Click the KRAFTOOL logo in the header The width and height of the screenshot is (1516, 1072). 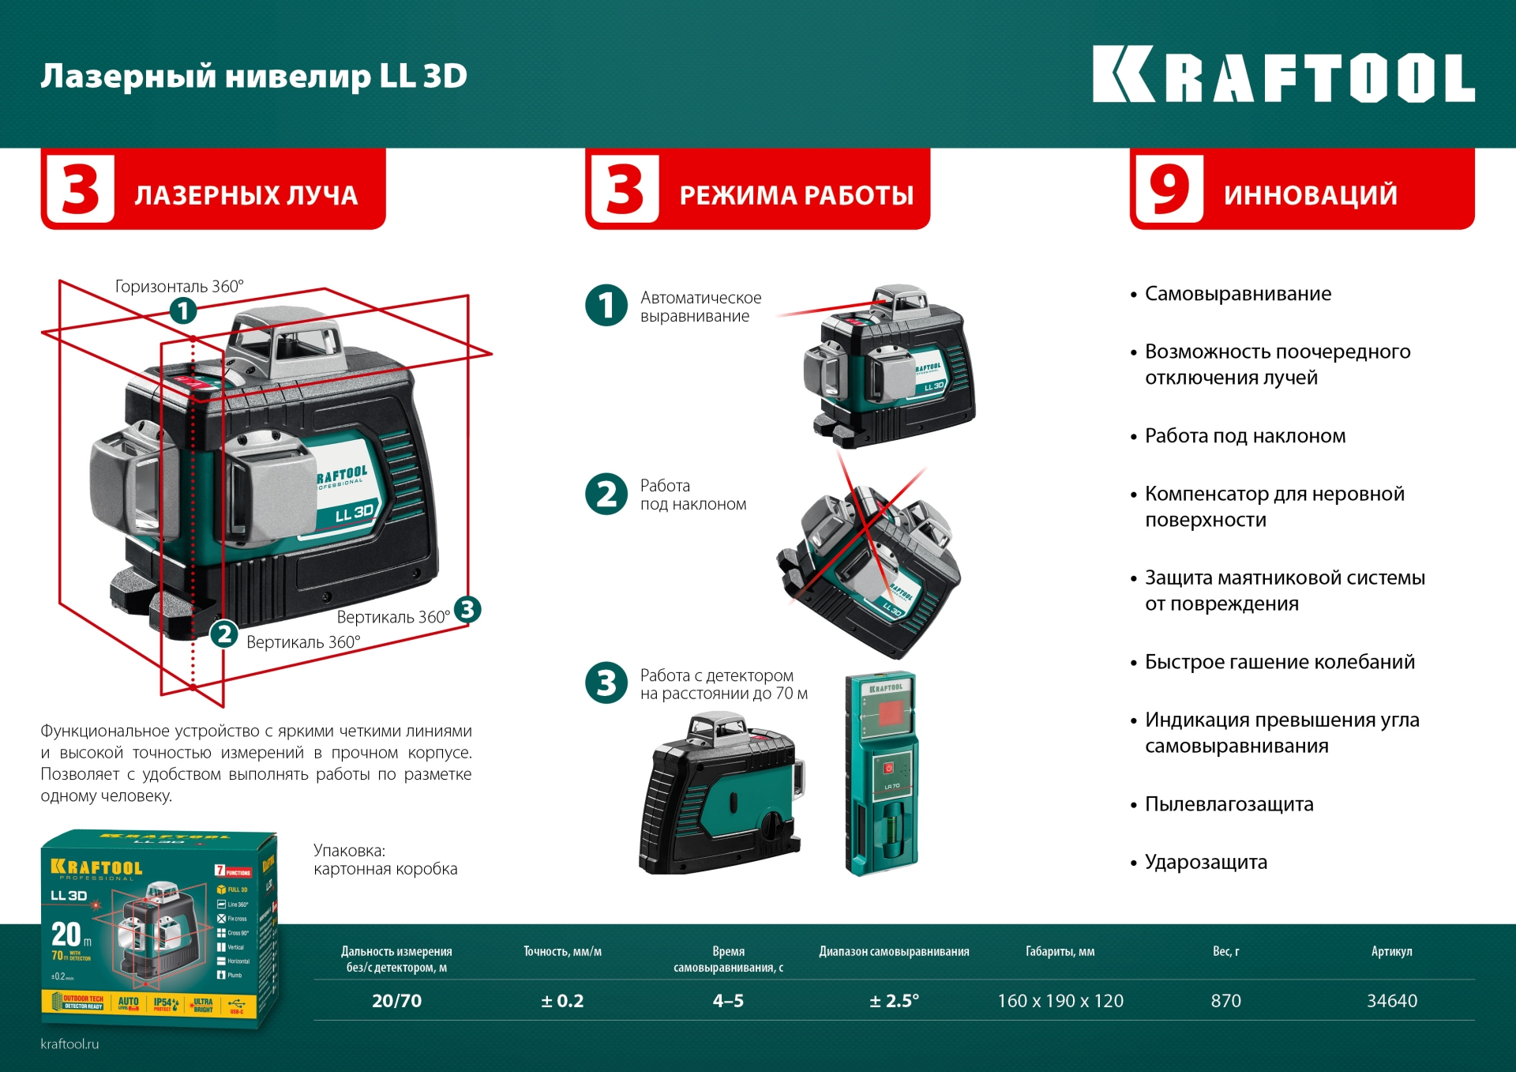tap(1283, 75)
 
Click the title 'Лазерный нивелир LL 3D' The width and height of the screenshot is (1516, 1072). tap(253, 76)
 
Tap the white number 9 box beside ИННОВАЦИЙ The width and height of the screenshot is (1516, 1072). tap(1169, 190)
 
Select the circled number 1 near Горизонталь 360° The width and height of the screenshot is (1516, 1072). tap(183, 310)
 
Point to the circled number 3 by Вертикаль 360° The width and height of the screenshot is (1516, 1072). tap(467, 609)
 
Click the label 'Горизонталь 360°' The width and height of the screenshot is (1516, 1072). tap(179, 286)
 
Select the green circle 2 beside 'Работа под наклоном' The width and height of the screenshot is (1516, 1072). tap(606, 494)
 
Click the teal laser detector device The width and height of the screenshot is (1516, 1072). tap(881, 774)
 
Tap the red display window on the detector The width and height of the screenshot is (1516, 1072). tap(890, 713)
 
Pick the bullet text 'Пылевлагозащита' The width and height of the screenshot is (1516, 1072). tap(1229, 804)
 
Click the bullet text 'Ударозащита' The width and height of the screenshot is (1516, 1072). tap(1206, 862)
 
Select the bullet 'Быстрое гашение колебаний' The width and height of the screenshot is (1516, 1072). tap(1279, 662)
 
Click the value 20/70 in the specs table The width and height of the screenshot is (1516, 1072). tap(396, 1001)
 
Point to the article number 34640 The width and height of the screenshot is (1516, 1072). tap(1391, 1001)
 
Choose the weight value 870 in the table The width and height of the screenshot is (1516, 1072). tap(1225, 1001)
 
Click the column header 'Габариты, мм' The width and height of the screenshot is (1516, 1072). tap(1060, 952)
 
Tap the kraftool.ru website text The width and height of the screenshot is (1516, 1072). tap(69, 1044)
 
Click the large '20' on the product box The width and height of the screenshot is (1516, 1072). tap(66, 935)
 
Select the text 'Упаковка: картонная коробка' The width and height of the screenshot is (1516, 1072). tap(385, 859)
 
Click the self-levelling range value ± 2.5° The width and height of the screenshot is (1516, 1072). tap(894, 1001)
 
